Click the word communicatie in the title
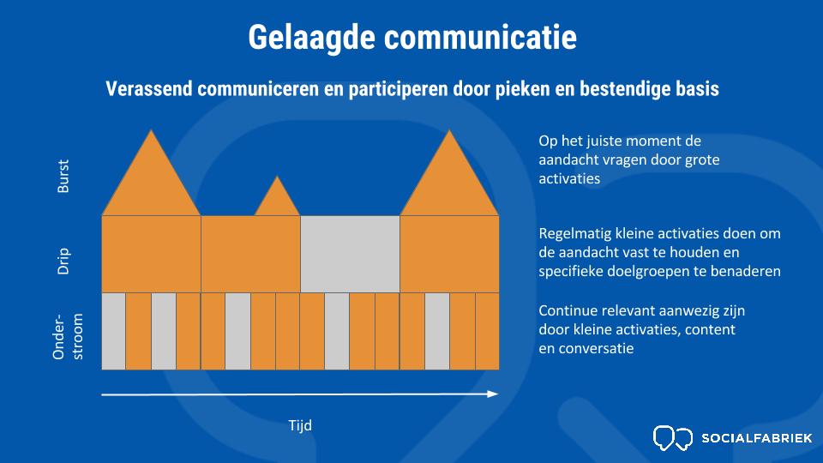pos(480,37)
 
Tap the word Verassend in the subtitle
pos(149,88)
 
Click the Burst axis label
pos(63,177)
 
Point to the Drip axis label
pos(63,261)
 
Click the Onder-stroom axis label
pos(68,336)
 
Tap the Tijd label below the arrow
pos(300,425)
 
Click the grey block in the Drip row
pos(350,254)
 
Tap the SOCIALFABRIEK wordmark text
pos(757,438)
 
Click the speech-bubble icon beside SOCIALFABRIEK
pos(673,438)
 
